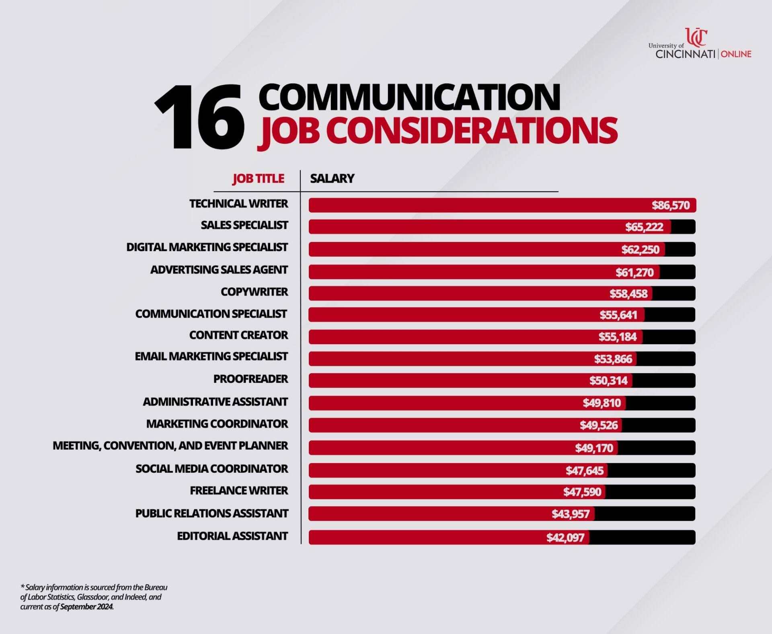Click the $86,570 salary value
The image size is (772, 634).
pos(670,205)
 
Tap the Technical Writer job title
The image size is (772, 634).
pos(238,204)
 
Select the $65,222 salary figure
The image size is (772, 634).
pos(644,227)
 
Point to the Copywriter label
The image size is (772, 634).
pos(254,292)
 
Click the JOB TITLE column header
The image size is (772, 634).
pos(258,179)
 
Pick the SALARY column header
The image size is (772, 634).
pos(332,179)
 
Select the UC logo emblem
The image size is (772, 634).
pos(696,37)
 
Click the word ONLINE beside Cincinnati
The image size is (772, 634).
pos(736,54)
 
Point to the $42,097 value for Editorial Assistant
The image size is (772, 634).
pos(565,538)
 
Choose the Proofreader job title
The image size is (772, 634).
pos(250,379)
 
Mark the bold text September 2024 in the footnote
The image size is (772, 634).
pos(87,607)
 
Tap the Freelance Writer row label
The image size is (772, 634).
pos(239,491)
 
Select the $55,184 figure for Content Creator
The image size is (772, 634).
pos(617,337)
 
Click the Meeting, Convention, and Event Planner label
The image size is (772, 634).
pos(170,446)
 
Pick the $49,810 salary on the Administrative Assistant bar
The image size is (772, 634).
pos(602,403)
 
